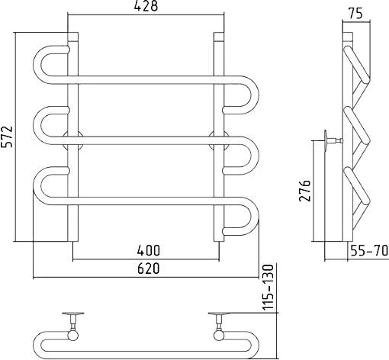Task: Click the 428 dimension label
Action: (146, 6)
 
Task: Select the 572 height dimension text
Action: (6, 137)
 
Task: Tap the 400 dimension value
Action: (149, 250)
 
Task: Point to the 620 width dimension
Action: (149, 268)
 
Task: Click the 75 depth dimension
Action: (355, 14)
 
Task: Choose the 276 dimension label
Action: (305, 191)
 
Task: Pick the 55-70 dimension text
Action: (369, 250)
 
